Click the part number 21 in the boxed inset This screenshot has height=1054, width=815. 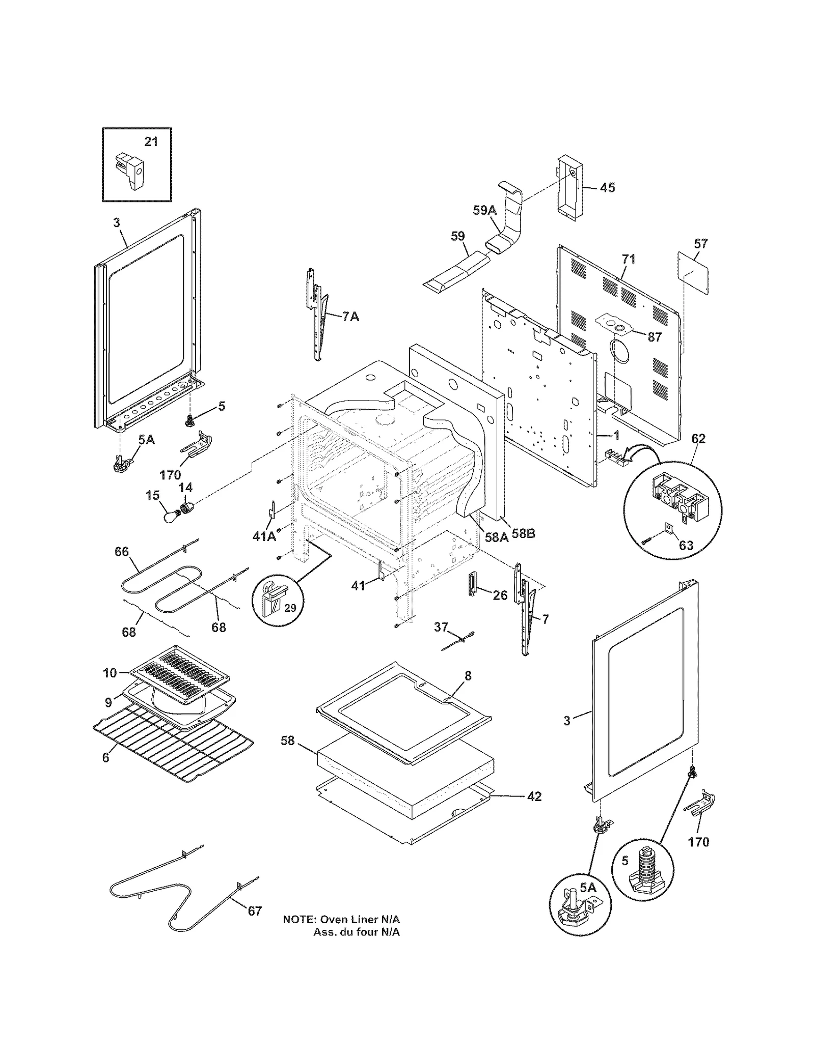click(151, 141)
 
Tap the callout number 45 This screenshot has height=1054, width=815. click(607, 188)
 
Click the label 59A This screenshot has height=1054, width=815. click(484, 210)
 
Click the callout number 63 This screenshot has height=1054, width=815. click(686, 546)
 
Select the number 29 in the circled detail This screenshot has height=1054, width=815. click(289, 608)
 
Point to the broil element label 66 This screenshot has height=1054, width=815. click(121, 552)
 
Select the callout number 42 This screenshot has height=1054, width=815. click(534, 796)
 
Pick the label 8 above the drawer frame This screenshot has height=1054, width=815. click(468, 676)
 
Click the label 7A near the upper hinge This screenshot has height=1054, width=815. click(350, 317)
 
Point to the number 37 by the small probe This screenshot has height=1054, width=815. click(441, 627)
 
